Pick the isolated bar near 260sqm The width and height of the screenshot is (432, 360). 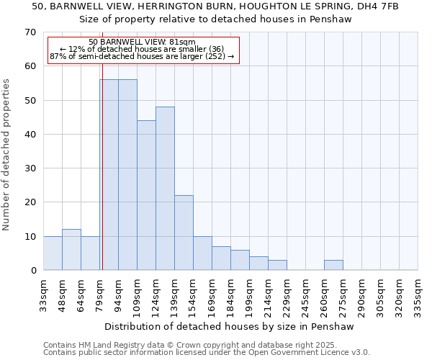pos(333,265)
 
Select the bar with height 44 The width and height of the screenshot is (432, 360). pos(146,195)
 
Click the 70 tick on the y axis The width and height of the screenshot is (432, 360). pos(30,32)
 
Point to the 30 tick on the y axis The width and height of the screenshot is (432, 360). pos(30,168)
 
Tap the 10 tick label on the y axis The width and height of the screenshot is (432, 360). pos(30,237)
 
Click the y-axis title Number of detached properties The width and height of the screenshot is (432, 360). pos(6,155)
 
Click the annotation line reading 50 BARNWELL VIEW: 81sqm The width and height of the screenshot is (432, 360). pos(142,42)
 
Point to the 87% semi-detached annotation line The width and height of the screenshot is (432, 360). pos(142,56)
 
